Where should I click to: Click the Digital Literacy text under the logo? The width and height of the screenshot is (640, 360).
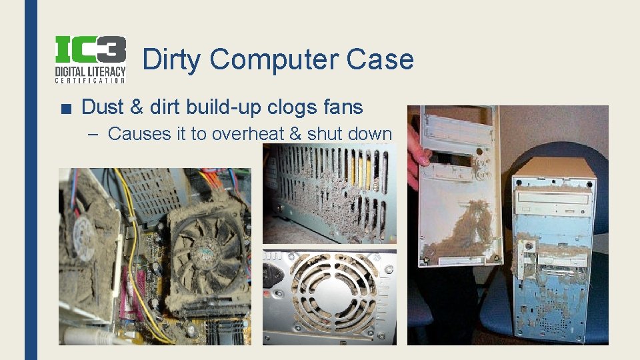[90, 70]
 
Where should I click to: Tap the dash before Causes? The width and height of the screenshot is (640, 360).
[94, 134]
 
